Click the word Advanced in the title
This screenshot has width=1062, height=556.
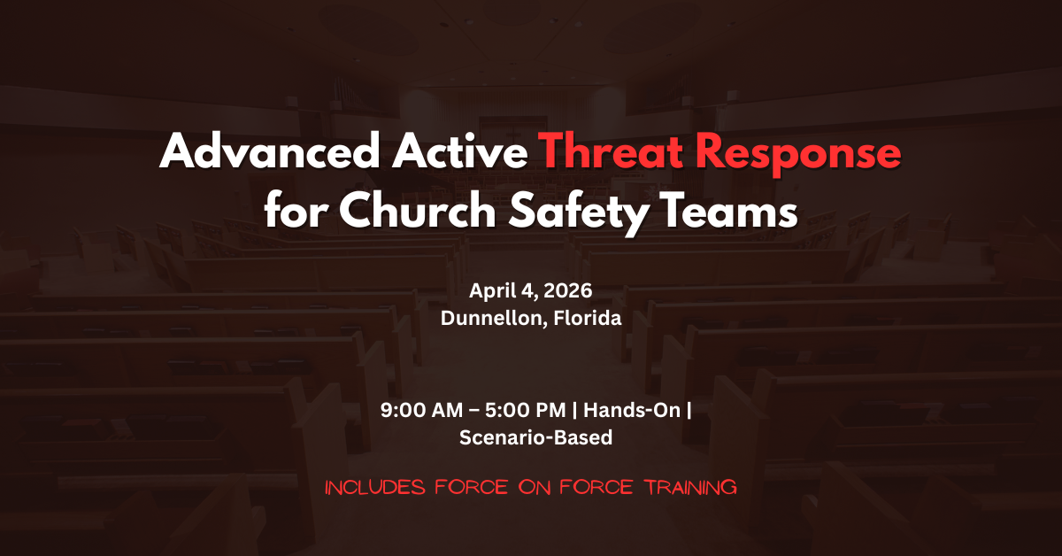pyautogui.click(x=269, y=151)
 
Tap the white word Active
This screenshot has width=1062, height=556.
pyautogui.click(x=460, y=151)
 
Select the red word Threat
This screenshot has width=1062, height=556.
pyautogui.click(x=613, y=151)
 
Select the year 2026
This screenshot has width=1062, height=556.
pyautogui.click(x=568, y=290)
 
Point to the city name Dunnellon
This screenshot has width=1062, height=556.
pyautogui.click(x=491, y=318)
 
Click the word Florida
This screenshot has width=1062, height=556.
pyautogui.click(x=588, y=317)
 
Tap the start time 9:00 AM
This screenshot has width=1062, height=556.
pyautogui.click(x=421, y=410)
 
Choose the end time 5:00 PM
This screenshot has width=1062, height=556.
pyautogui.click(x=526, y=410)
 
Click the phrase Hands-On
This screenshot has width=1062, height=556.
pyautogui.click(x=632, y=410)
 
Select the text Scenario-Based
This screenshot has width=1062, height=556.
pyautogui.click(x=535, y=437)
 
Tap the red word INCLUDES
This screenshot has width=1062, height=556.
pyautogui.click(x=375, y=487)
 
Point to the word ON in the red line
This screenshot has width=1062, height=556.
pyautogui.click(x=534, y=488)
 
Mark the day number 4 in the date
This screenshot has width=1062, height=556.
pyautogui.click(x=528, y=290)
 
